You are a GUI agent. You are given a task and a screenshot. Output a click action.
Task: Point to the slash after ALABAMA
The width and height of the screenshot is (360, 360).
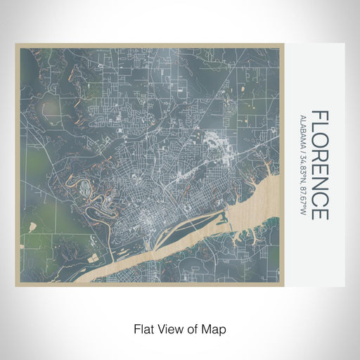pos(302,146)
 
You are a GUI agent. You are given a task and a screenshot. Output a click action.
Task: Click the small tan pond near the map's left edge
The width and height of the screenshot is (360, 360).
pos(32,225)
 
